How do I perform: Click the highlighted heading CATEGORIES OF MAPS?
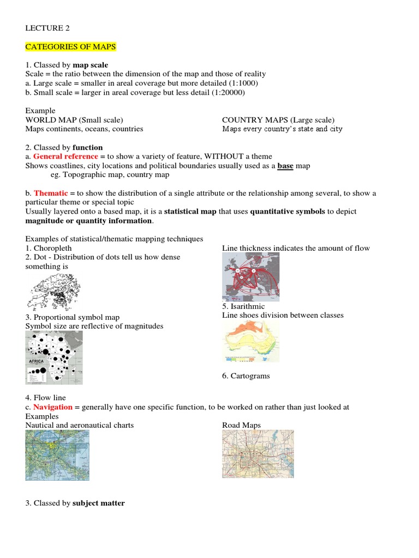point(70,47)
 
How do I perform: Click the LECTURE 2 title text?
point(47,28)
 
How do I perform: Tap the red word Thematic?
point(51,193)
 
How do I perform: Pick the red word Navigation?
point(52,407)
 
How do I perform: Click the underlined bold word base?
point(285,166)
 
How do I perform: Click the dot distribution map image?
point(54,292)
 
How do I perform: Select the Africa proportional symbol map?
point(54,358)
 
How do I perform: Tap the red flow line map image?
point(250,277)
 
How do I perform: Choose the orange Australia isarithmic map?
point(250,341)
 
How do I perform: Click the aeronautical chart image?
point(57,455)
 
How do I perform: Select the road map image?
point(258,454)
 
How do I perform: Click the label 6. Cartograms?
point(246,376)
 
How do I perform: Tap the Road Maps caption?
point(241,425)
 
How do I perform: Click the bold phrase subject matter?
point(99,503)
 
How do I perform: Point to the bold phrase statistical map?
point(190,211)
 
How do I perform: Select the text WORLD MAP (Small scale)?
point(74,120)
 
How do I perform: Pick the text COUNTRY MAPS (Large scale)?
point(278,120)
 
